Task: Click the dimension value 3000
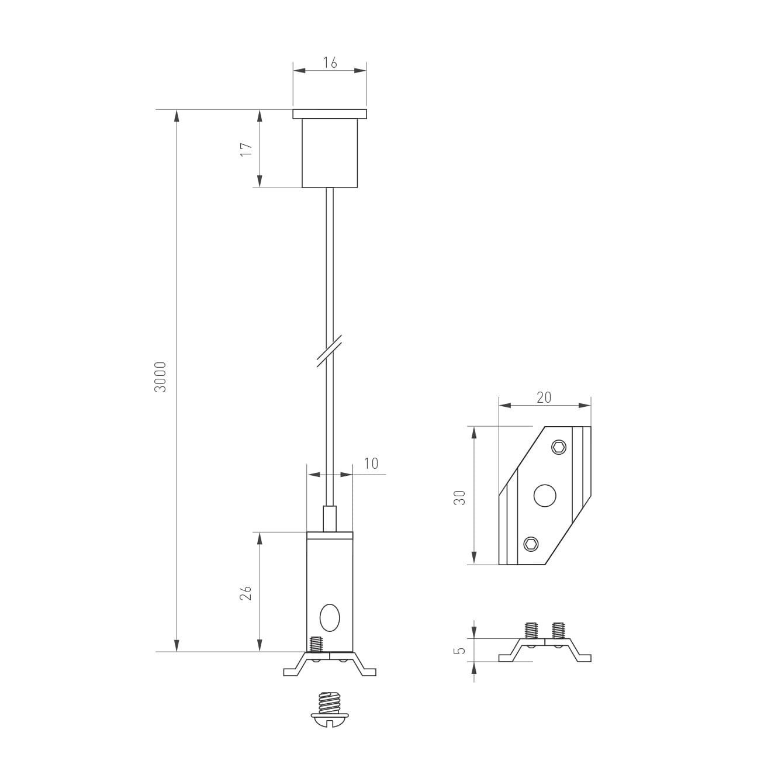[x=161, y=376]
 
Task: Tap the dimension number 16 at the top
[x=330, y=63]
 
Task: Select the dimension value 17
[x=246, y=150]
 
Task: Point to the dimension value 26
[x=246, y=593]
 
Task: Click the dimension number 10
[x=371, y=464]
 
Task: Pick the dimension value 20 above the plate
[x=544, y=397]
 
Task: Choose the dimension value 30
[x=460, y=498]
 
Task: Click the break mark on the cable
[x=329, y=351]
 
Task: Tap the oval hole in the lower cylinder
[x=330, y=618]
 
